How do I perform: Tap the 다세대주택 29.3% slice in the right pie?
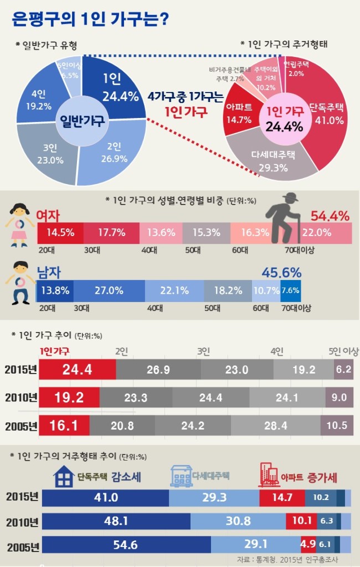(273, 159)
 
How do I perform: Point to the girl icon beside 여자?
(19, 224)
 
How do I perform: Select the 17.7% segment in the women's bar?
(111, 233)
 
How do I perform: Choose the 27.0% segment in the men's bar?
(109, 291)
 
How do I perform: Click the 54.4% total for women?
(330, 216)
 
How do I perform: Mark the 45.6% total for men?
(281, 273)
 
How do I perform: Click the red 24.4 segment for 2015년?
(78, 370)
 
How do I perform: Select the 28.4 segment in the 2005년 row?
(276, 426)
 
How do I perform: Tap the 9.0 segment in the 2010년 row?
(339, 397)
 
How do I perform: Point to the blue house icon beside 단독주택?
(64, 476)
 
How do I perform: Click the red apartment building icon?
(268, 476)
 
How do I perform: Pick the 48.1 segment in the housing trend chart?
(116, 521)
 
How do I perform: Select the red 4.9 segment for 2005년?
(308, 544)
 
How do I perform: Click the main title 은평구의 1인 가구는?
(90, 19)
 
